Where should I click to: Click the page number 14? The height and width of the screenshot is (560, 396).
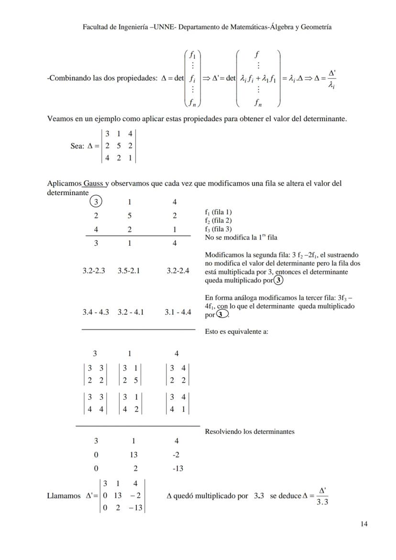(364, 524)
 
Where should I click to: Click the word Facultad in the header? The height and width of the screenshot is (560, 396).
(96, 27)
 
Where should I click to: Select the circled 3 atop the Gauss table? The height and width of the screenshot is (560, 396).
(96, 202)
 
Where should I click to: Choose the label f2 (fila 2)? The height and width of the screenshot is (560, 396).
(219, 220)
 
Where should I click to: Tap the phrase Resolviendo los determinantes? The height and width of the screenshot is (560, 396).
(249, 431)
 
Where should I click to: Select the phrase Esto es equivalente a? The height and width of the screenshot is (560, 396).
(236, 331)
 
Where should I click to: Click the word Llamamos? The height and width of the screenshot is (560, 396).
(64, 496)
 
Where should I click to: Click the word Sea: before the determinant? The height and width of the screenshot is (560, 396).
(77, 146)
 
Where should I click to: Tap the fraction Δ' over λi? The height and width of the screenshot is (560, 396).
(331, 78)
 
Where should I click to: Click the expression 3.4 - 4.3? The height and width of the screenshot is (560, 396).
(96, 312)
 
